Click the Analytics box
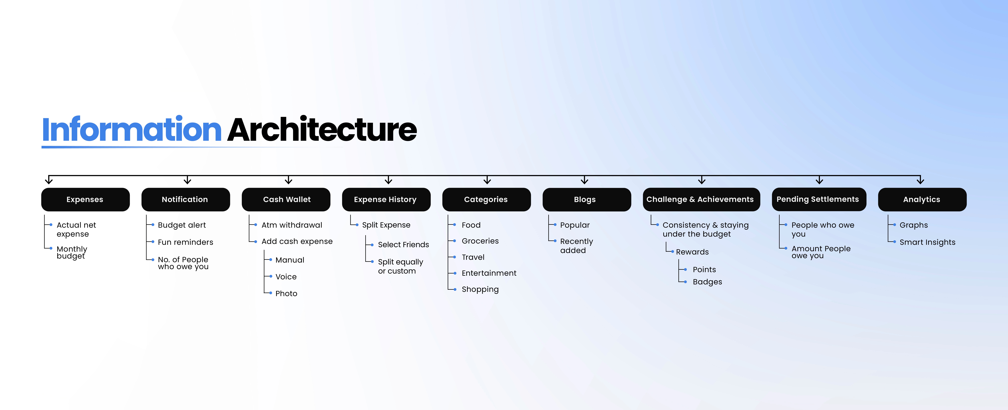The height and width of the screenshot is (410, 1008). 922,199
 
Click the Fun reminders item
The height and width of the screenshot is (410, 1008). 185,242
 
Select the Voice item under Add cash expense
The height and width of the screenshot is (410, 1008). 286,276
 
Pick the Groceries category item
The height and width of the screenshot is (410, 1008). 480,241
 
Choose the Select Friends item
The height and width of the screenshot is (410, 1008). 403,244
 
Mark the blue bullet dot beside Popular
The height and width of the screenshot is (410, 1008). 555,225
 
